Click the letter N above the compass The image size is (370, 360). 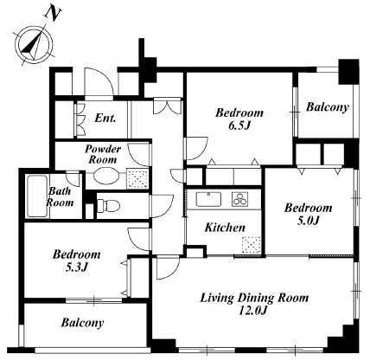[x=54, y=14]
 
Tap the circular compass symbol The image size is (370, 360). [x=34, y=45]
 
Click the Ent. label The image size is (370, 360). [x=105, y=118]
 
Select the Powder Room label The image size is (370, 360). [x=103, y=154]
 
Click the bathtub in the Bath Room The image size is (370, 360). [x=37, y=196]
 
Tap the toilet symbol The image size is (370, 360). [x=109, y=206]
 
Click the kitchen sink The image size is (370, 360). [x=209, y=199]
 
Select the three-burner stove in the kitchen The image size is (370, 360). [x=239, y=199]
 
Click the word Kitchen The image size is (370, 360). [x=225, y=228]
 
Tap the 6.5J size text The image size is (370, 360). [x=239, y=125]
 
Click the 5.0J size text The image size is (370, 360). [x=308, y=221]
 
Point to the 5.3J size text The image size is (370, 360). [x=76, y=267]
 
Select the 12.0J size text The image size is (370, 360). [x=254, y=311]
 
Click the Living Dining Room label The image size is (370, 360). [x=254, y=298]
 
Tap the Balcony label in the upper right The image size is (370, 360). [x=328, y=107]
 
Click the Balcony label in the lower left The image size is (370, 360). [x=82, y=323]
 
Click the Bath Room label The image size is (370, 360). [x=60, y=196]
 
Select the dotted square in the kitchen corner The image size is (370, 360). [x=251, y=245]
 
